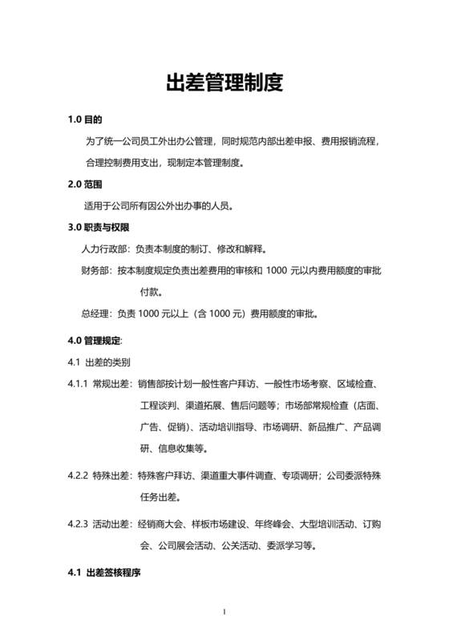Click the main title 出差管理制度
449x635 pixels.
tap(224, 83)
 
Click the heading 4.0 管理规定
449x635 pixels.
tap(95, 340)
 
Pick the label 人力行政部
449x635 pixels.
tap(105, 249)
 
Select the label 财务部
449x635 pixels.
tap(96, 271)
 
